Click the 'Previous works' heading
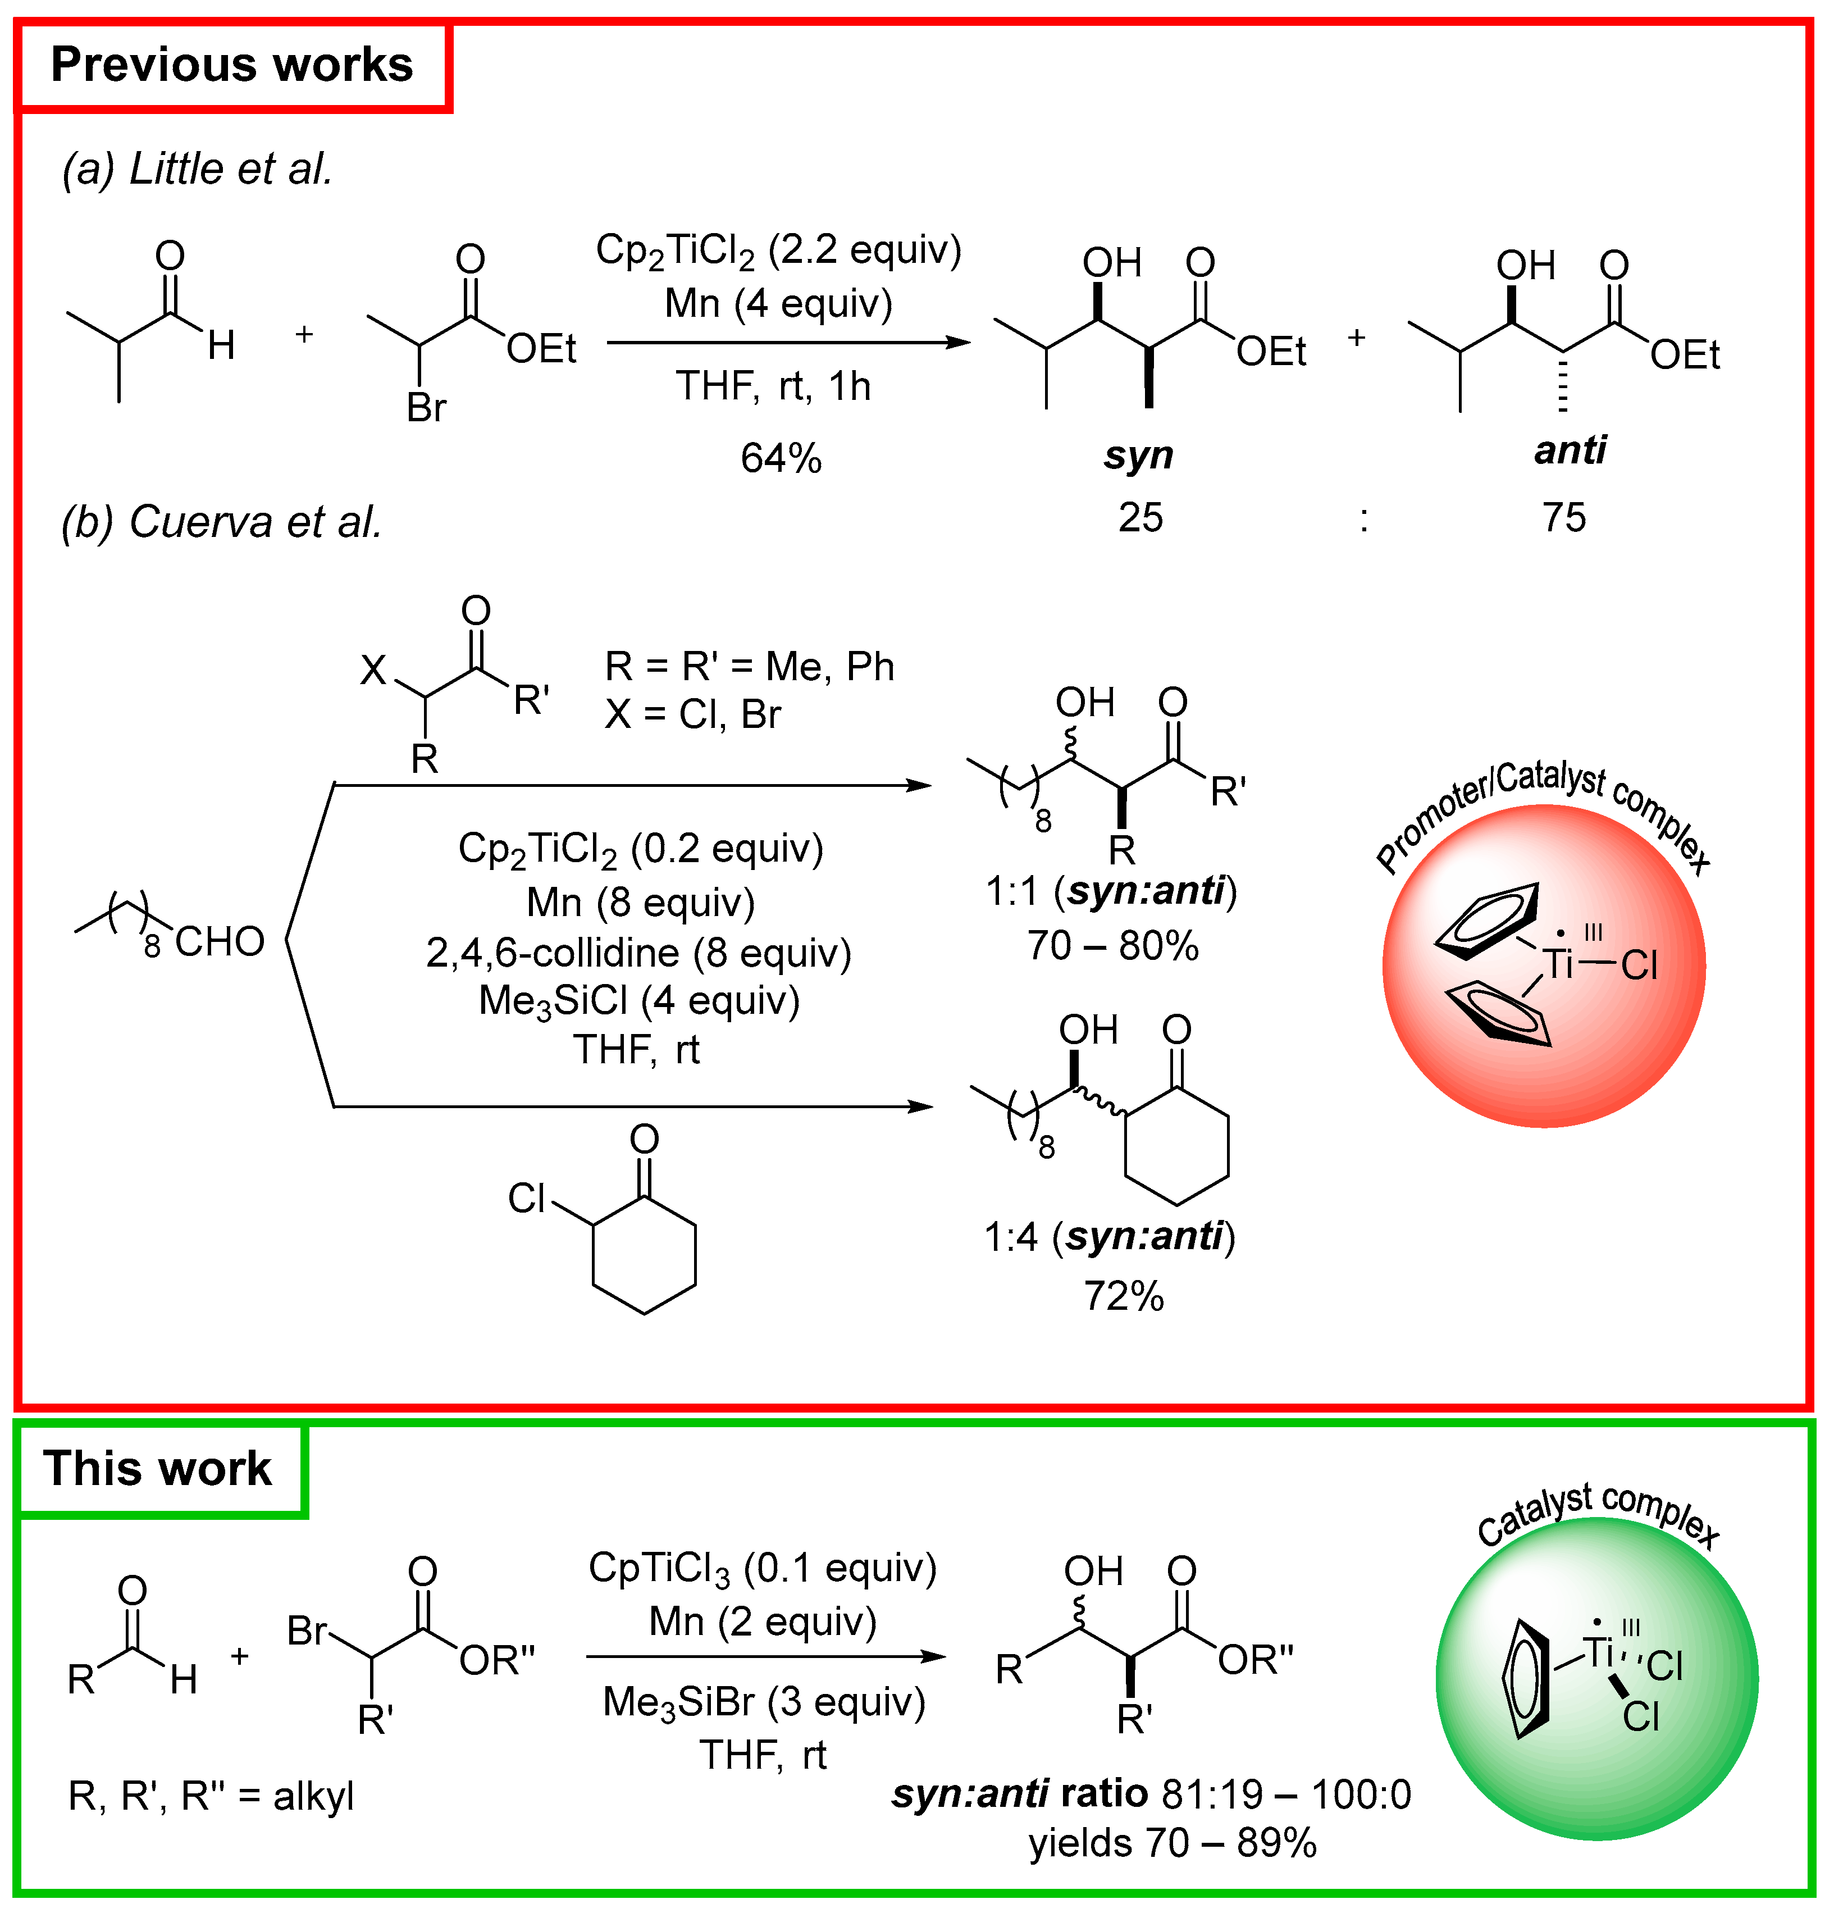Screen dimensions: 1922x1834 click(232, 65)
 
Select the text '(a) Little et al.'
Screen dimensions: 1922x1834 click(198, 169)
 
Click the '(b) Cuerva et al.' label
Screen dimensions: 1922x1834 click(221, 521)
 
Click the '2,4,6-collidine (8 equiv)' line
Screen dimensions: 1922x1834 click(638, 952)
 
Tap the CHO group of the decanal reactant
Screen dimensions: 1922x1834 click(220, 941)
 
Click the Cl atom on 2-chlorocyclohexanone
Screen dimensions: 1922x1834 click(526, 1197)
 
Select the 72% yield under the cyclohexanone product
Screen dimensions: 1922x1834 click(1123, 1296)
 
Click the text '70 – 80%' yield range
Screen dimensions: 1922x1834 click(1112, 945)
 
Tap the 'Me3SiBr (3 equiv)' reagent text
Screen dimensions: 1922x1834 click(764, 1702)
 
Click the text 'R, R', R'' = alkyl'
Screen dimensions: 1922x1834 click(210, 1796)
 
